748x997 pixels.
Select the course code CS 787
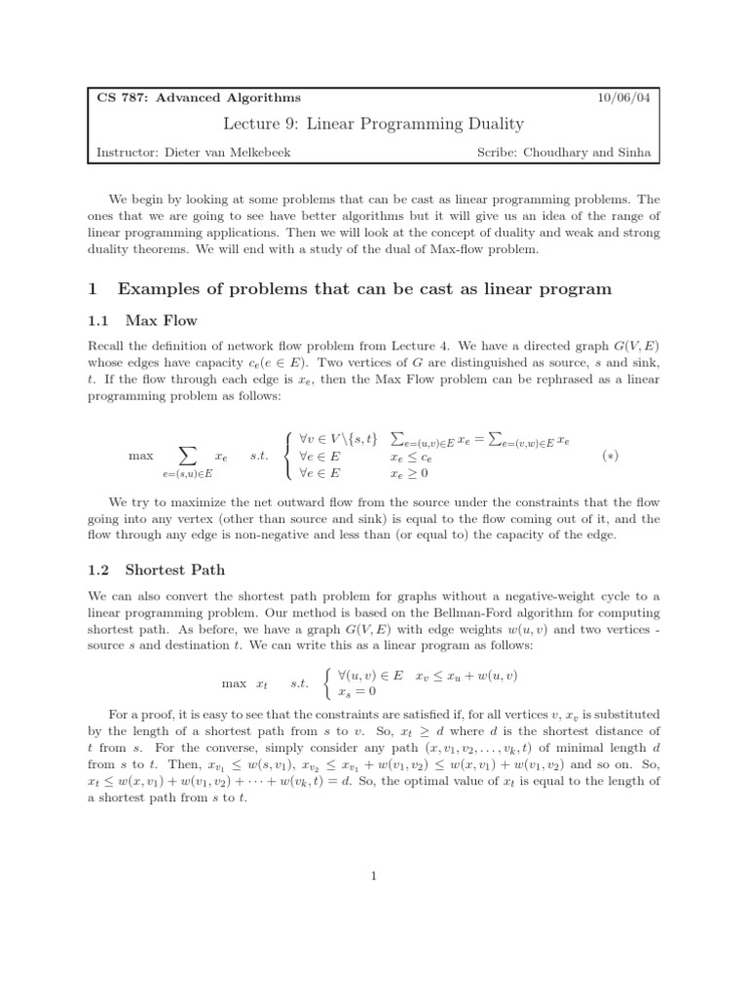[119, 97]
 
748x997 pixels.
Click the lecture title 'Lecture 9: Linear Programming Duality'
[374, 124]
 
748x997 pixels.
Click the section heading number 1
[93, 288]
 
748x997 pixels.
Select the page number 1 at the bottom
[374, 876]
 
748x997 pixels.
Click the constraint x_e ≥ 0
[410, 473]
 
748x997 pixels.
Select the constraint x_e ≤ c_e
[410, 456]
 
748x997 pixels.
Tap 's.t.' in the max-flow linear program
[259, 456]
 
